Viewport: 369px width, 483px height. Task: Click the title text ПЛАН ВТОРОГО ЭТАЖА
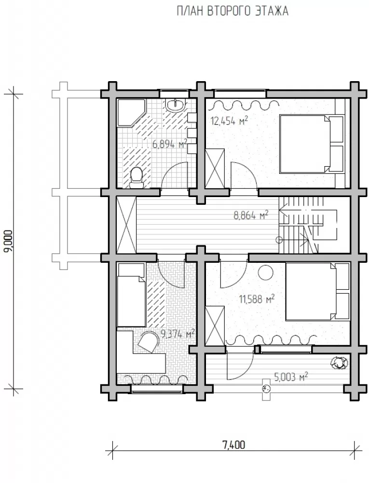tap(232, 12)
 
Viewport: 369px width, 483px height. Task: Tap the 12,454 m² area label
tap(229, 121)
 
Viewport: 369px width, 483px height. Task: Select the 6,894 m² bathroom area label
tap(170, 143)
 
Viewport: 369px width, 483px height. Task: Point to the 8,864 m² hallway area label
tap(251, 215)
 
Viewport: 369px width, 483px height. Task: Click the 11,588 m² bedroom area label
tap(257, 298)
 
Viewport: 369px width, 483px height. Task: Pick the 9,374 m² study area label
tap(178, 333)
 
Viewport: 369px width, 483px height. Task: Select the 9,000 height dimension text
tap(9, 241)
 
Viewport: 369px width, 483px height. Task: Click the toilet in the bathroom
tap(136, 178)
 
